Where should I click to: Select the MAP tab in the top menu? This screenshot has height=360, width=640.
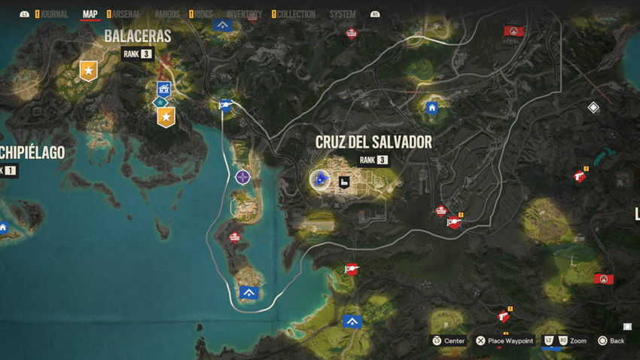tap(90, 14)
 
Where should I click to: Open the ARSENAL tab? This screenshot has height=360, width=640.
tap(126, 14)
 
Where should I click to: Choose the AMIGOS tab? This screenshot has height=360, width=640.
tap(166, 14)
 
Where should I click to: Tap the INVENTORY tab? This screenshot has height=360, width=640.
tap(243, 14)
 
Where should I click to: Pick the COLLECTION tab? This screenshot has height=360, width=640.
tap(296, 14)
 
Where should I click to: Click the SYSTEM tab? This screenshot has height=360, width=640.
tap(343, 14)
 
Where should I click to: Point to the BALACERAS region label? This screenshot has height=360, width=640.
tap(138, 36)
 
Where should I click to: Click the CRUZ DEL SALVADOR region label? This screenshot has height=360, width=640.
tap(373, 142)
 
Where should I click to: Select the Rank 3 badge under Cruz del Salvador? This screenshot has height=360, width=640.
tap(373, 160)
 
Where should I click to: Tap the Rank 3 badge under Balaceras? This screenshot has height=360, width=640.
tap(137, 53)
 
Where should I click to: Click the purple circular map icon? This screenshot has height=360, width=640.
tap(242, 177)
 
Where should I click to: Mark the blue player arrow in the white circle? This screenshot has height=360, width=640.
tap(321, 179)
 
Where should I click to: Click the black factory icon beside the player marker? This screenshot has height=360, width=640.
tap(344, 182)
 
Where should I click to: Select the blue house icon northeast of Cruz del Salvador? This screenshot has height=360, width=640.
tap(432, 108)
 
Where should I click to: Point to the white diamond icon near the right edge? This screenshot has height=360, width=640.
tap(593, 108)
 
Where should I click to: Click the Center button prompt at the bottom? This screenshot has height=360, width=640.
tap(449, 341)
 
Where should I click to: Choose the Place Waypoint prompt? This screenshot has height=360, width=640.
tap(504, 341)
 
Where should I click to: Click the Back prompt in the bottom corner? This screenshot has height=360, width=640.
tap(611, 341)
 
